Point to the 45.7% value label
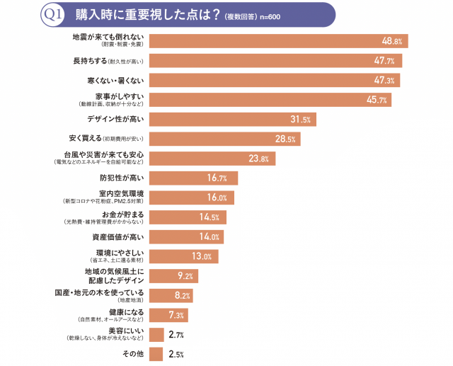(377, 100)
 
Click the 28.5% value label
(285, 139)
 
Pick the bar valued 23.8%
(213, 159)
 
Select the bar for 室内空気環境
(192, 198)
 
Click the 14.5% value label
(209, 217)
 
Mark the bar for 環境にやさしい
(183, 256)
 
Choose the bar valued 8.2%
(171, 295)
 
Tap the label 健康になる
(127, 311)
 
